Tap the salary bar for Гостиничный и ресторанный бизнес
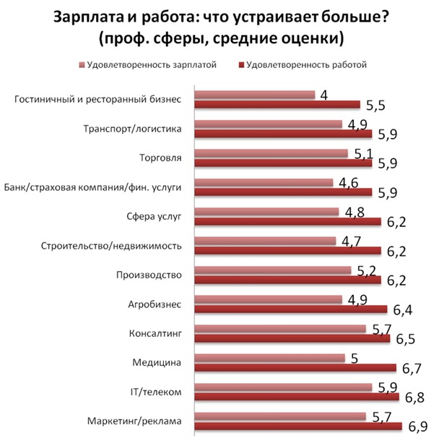tap(256, 95)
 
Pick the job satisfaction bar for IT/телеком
tap(297, 397)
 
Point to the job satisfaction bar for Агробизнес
tap(292, 309)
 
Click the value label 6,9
tap(417, 426)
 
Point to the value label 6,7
tap(412, 368)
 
